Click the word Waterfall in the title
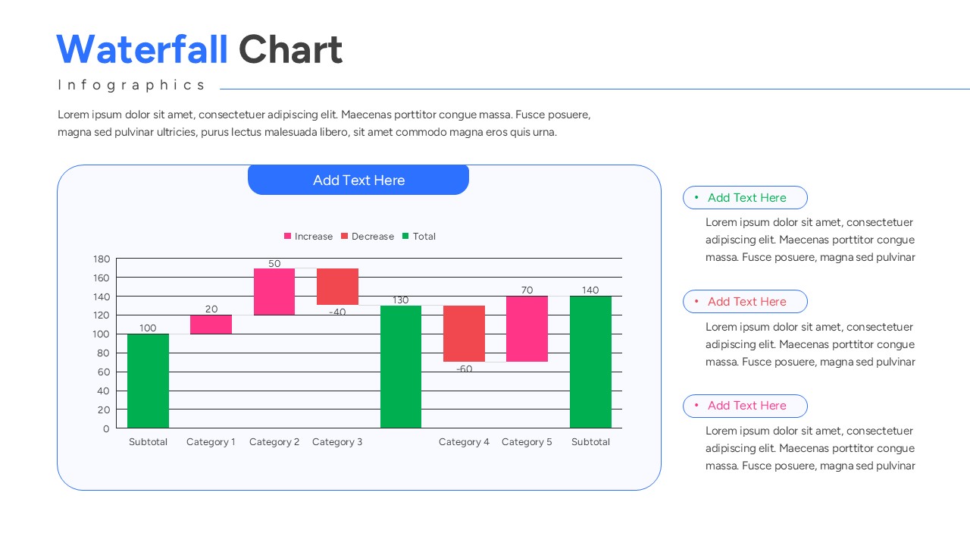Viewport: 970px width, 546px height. point(142,50)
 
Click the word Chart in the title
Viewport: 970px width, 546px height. point(290,50)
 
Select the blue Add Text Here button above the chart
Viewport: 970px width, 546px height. point(358,180)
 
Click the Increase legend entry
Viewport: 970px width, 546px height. point(308,237)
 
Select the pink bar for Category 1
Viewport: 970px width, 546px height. point(211,325)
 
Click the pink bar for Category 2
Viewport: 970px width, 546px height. point(274,291)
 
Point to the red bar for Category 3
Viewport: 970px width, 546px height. point(337,287)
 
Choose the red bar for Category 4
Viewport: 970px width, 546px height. point(464,334)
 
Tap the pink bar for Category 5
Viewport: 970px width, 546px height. point(527,328)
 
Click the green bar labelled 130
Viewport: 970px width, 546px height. point(401,367)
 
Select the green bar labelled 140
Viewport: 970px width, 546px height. point(590,362)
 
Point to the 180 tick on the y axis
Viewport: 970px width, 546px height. point(102,259)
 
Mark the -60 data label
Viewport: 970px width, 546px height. point(464,369)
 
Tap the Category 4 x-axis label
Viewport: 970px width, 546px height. point(464,442)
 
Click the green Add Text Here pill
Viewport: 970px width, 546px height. point(745,198)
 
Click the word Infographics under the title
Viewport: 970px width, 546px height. point(132,85)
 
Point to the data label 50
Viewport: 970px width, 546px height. point(274,264)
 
